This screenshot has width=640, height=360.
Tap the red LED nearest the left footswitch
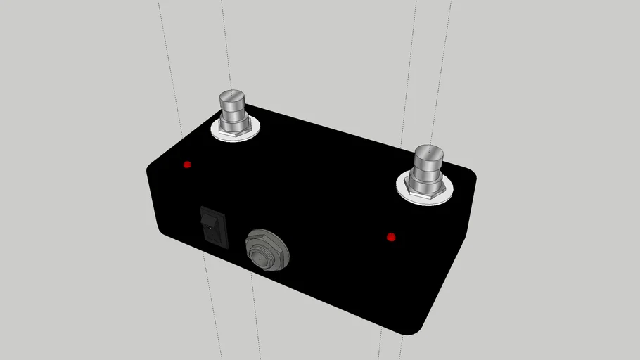pos(187,165)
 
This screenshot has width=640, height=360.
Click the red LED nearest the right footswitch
pos(392,238)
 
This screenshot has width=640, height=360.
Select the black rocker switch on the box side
pos(214,226)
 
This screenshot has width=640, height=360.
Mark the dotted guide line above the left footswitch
pos(224,42)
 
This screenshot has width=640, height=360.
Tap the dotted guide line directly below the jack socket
pos(256,316)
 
